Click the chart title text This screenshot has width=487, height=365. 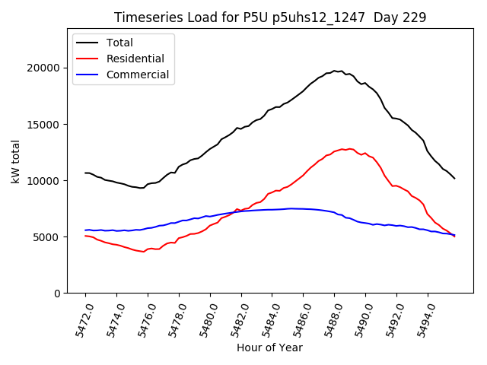(x=270, y=17)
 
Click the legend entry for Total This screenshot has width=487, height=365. (x=120, y=43)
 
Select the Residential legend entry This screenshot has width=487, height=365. (x=134, y=59)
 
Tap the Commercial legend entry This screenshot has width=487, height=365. (x=138, y=75)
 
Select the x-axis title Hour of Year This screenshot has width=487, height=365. (x=269, y=348)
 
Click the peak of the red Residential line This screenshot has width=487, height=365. (x=343, y=149)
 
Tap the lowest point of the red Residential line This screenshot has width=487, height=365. (x=143, y=252)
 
